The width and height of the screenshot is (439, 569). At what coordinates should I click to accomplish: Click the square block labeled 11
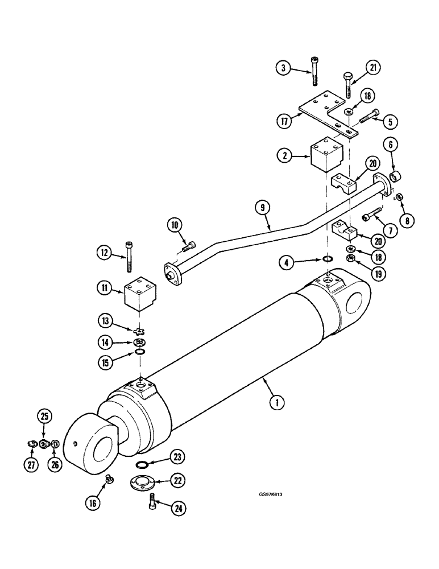tap(140, 295)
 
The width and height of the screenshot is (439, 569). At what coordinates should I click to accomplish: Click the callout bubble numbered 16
tap(93, 502)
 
